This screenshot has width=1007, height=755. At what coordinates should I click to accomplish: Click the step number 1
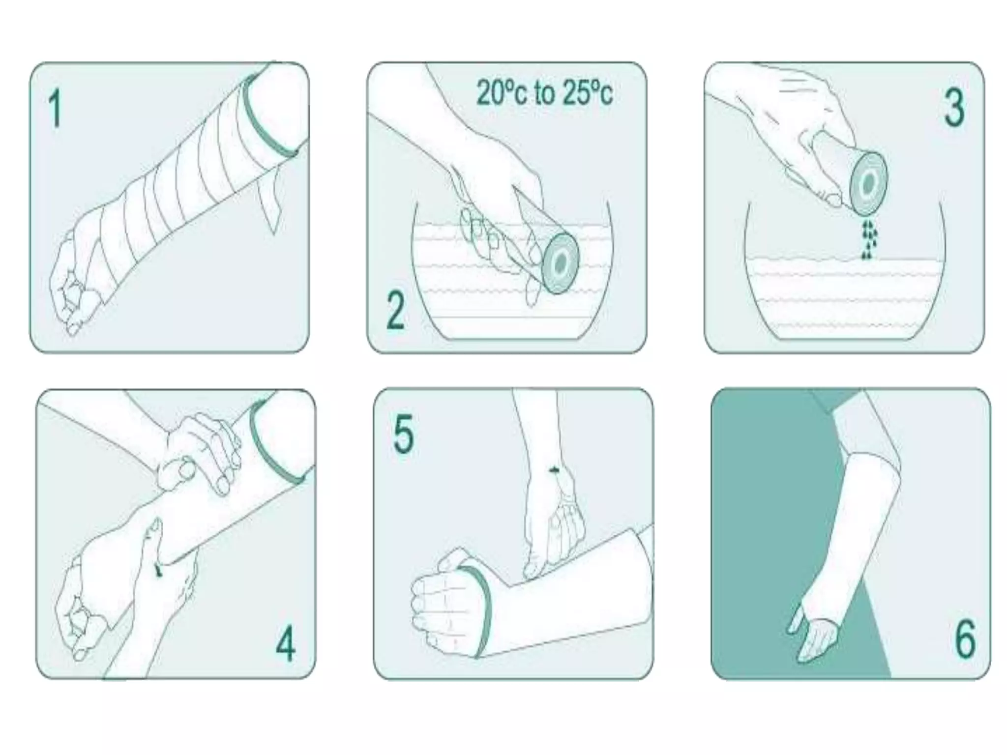click(x=55, y=109)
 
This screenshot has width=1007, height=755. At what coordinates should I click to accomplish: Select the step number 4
click(x=285, y=643)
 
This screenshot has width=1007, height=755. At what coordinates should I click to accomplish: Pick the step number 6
click(x=965, y=639)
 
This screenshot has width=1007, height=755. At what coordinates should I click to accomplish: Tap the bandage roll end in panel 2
click(x=561, y=263)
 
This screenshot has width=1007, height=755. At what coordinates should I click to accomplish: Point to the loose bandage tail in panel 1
click(x=270, y=202)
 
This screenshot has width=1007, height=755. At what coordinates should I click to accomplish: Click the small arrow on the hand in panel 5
click(x=554, y=470)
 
